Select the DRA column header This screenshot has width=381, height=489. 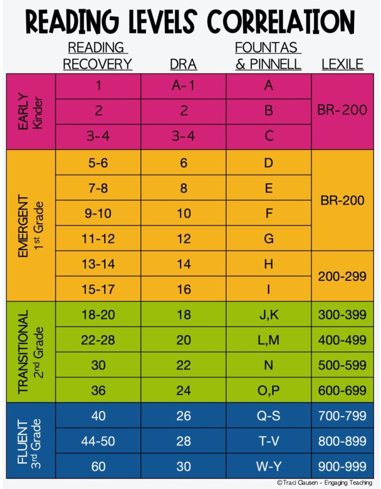[184, 64]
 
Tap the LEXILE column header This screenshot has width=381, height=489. [342, 64]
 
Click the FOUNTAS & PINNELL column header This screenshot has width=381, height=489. [268, 56]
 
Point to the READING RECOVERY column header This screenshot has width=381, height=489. [98, 56]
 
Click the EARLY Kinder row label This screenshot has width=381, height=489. [30, 111]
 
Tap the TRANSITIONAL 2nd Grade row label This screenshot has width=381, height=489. [30, 352]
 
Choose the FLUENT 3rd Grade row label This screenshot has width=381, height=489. [30, 440]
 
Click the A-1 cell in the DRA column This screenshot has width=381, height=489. [184, 86]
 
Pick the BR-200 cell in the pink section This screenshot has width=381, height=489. [342, 110]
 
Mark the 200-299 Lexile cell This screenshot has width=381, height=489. [342, 276]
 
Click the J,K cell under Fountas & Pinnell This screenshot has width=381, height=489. [268, 315]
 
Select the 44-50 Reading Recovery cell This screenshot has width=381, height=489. [98, 441]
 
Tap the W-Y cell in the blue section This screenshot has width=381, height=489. [268, 466]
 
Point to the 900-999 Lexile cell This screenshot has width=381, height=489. [342, 466]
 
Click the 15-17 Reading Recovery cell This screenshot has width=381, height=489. [98, 289]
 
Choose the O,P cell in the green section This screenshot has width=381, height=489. [268, 390]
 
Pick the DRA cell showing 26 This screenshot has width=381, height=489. [184, 416]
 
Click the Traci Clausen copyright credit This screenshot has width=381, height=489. [324, 483]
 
